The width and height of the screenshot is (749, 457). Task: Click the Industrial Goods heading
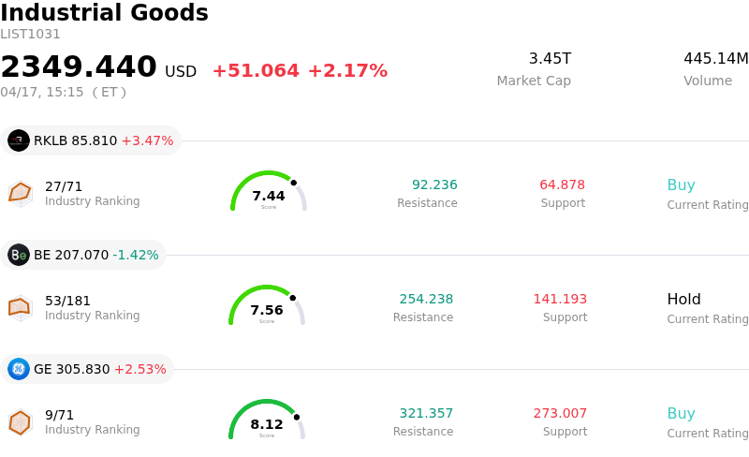pyautogui.click(x=104, y=13)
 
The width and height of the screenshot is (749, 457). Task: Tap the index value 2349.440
pyautogui.click(x=79, y=67)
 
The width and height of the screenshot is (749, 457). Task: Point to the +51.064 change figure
pyautogui.click(x=256, y=71)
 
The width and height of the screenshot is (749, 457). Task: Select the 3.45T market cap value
pyautogui.click(x=550, y=59)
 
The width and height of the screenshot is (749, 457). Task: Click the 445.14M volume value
pyautogui.click(x=715, y=59)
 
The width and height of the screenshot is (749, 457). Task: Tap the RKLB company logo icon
pyautogui.click(x=19, y=140)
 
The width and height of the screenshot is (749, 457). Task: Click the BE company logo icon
pyautogui.click(x=19, y=255)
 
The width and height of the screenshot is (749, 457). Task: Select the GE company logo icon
pyautogui.click(x=19, y=369)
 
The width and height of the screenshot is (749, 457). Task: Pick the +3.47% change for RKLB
pyautogui.click(x=147, y=141)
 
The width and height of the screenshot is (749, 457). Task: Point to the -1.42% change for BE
pyautogui.click(x=136, y=256)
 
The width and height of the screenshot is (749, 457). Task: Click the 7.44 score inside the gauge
pyautogui.click(x=269, y=196)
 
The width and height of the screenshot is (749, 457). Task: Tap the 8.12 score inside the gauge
pyautogui.click(x=267, y=424)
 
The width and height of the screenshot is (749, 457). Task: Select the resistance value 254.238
pyautogui.click(x=426, y=300)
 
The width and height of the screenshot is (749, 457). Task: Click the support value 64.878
pyautogui.click(x=562, y=185)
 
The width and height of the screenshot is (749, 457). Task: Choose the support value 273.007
pyautogui.click(x=560, y=414)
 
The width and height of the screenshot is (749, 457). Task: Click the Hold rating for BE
pyautogui.click(x=683, y=300)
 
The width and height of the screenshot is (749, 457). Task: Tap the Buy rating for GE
pyautogui.click(x=681, y=414)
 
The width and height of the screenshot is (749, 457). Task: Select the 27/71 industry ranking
pyautogui.click(x=64, y=186)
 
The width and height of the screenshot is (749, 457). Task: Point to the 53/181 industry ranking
pyautogui.click(x=67, y=301)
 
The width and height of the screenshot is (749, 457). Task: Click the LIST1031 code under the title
pyautogui.click(x=30, y=35)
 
